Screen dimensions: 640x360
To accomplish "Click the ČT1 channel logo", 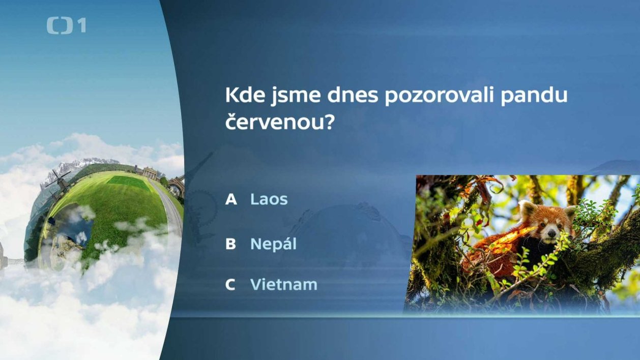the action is (66, 26).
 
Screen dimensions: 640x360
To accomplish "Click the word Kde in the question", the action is (245, 95).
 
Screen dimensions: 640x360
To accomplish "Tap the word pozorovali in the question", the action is (439, 96).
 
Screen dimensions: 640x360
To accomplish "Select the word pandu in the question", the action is (534, 96).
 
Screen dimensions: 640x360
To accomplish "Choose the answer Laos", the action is (269, 199).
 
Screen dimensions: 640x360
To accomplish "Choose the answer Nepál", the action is (273, 244).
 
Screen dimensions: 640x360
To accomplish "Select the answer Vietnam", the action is (284, 284).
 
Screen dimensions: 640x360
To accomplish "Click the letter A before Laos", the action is (231, 199).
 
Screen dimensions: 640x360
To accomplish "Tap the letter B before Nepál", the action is (230, 244).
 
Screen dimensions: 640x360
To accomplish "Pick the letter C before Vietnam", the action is (230, 285).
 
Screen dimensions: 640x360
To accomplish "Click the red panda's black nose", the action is (551, 234).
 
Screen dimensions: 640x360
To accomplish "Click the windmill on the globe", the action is (60, 182).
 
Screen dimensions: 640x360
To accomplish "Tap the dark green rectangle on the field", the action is (129, 183).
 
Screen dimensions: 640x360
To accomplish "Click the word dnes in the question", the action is (353, 95).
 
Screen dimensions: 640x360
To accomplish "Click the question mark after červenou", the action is (330, 122).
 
